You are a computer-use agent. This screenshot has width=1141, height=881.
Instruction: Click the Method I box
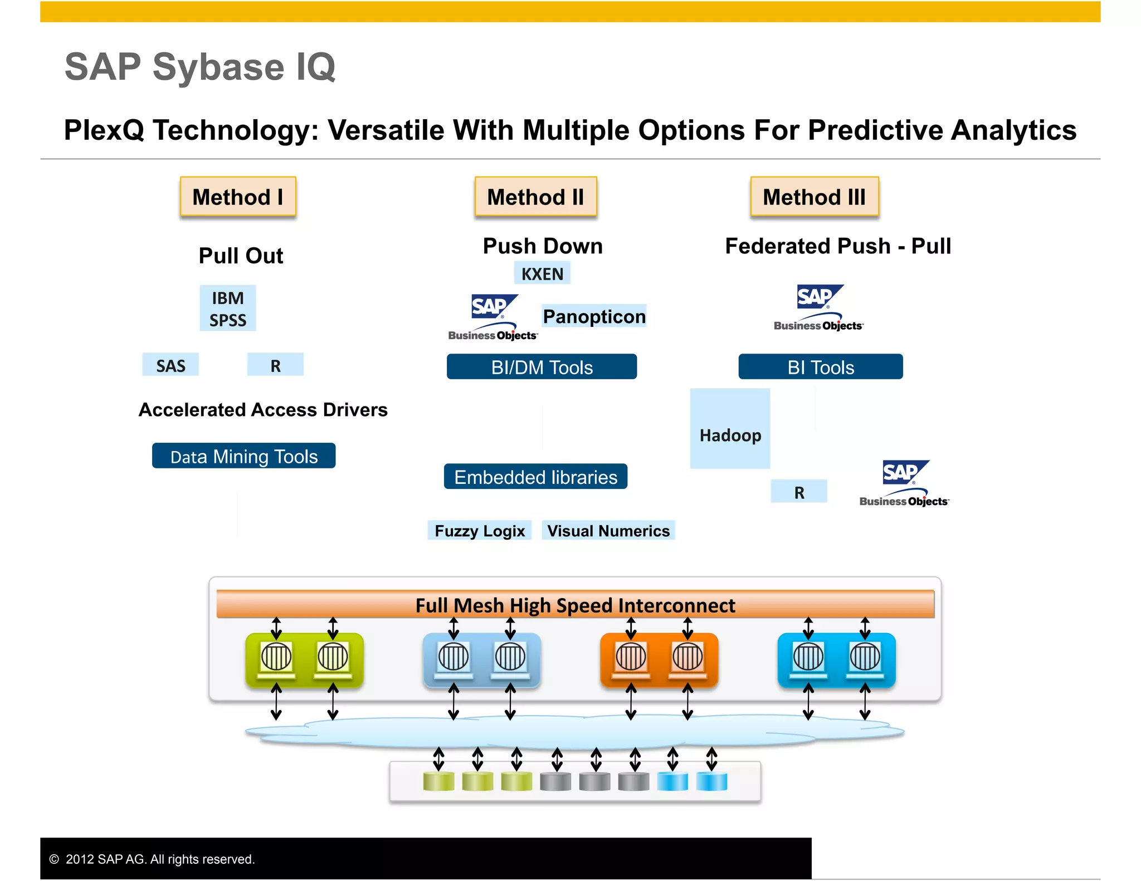238,197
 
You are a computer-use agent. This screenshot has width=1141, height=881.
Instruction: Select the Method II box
535,197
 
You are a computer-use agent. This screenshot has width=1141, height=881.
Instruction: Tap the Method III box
814,197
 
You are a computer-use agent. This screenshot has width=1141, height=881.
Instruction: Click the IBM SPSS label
228,309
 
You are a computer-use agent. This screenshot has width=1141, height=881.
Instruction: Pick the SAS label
170,365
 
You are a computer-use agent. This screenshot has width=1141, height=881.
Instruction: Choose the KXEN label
542,273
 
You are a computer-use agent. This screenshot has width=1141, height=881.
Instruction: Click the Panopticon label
594,316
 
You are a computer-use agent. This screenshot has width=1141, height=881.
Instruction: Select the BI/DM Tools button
542,367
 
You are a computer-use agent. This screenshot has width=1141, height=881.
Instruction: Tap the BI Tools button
821,367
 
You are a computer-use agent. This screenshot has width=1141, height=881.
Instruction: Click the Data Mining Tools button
243,456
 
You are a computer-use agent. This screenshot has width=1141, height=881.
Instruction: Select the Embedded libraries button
535,477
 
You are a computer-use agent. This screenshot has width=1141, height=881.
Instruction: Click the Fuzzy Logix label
480,530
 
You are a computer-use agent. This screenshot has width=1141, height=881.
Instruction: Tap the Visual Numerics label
608,530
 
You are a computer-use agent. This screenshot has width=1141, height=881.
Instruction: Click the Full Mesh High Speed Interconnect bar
575,605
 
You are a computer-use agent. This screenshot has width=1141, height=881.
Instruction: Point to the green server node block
304,660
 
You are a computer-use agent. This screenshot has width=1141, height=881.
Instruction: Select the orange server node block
659,660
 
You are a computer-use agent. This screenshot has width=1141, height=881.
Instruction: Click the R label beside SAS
275,365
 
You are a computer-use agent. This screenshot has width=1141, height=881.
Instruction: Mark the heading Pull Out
241,256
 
